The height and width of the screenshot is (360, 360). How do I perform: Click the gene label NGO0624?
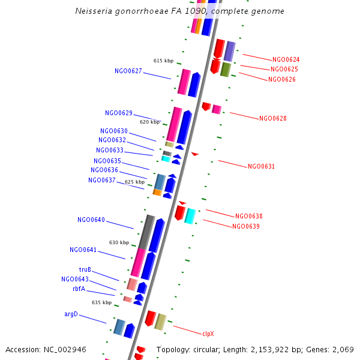286,60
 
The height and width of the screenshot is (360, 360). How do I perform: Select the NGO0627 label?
128,71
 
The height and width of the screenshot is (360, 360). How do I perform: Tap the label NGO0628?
273,119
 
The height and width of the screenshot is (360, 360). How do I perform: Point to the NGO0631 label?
261,167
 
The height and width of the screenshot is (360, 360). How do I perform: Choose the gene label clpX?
208,334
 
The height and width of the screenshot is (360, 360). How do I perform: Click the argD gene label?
71,314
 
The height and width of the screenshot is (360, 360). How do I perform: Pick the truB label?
85,270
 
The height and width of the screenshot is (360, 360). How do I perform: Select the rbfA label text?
79,289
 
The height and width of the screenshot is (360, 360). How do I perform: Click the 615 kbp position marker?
163,61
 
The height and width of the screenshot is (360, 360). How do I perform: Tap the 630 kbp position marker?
119,243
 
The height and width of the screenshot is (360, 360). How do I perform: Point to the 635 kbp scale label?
101,303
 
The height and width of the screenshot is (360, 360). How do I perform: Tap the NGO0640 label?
91,220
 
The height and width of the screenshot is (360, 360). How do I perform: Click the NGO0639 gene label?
246,227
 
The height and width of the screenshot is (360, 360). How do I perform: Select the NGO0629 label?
119,113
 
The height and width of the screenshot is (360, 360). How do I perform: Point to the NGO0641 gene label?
83,250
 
